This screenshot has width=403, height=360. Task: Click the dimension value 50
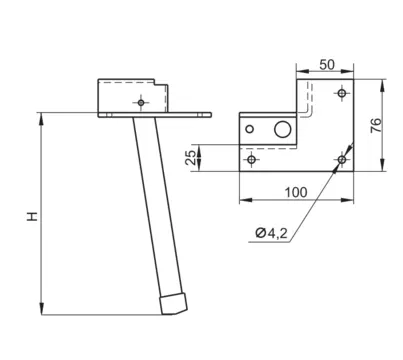point(327,64)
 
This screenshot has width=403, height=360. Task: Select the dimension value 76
point(376,126)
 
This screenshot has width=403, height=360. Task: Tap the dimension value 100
point(296,192)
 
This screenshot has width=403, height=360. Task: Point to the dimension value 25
point(191,157)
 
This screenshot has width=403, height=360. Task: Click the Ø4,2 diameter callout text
point(271,233)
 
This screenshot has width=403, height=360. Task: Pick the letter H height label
point(33,216)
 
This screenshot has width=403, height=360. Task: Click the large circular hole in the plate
point(283,129)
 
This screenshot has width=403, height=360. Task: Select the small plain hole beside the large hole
point(249,129)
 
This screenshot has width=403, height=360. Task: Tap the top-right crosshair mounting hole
point(342,93)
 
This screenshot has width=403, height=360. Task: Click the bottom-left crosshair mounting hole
point(252,159)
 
